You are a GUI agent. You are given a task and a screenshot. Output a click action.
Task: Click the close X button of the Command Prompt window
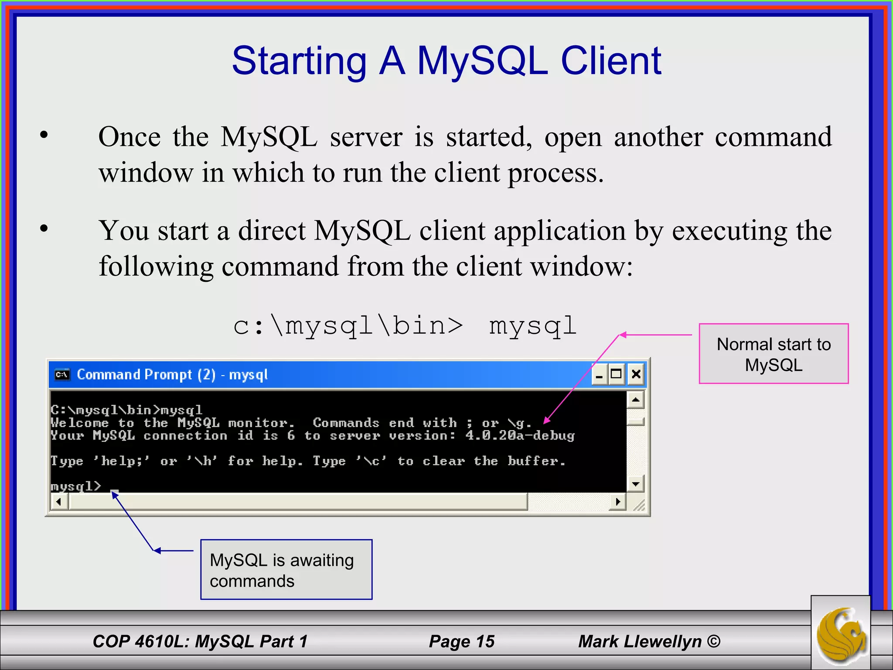(636, 374)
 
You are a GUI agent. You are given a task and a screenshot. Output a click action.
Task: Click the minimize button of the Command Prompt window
(599, 374)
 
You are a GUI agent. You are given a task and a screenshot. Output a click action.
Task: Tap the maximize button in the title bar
(617, 374)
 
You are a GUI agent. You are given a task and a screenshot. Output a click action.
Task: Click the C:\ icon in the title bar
(62, 375)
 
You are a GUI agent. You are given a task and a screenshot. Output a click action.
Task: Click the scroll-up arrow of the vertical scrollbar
(636, 400)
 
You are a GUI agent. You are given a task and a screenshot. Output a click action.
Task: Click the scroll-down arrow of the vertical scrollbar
(636, 484)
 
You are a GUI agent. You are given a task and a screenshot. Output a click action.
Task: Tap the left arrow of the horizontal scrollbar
(59, 502)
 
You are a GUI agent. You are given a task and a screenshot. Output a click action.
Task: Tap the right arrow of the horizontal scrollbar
(617, 502)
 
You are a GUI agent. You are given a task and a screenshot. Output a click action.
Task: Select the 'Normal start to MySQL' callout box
(774, 354)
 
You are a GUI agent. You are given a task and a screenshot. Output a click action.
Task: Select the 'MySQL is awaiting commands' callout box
(286, 570)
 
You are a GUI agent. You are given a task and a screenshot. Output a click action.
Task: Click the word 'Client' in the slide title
(611, 61)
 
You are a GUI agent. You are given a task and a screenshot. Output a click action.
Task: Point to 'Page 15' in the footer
(462, 641)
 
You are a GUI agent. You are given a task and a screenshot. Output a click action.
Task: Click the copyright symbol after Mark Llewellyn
(713, 641)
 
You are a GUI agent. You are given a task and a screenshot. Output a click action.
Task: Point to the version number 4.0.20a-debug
(520, 436)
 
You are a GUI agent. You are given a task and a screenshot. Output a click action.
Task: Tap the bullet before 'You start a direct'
(44, 228)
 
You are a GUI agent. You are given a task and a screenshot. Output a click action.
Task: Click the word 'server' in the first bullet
(366, 138)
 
